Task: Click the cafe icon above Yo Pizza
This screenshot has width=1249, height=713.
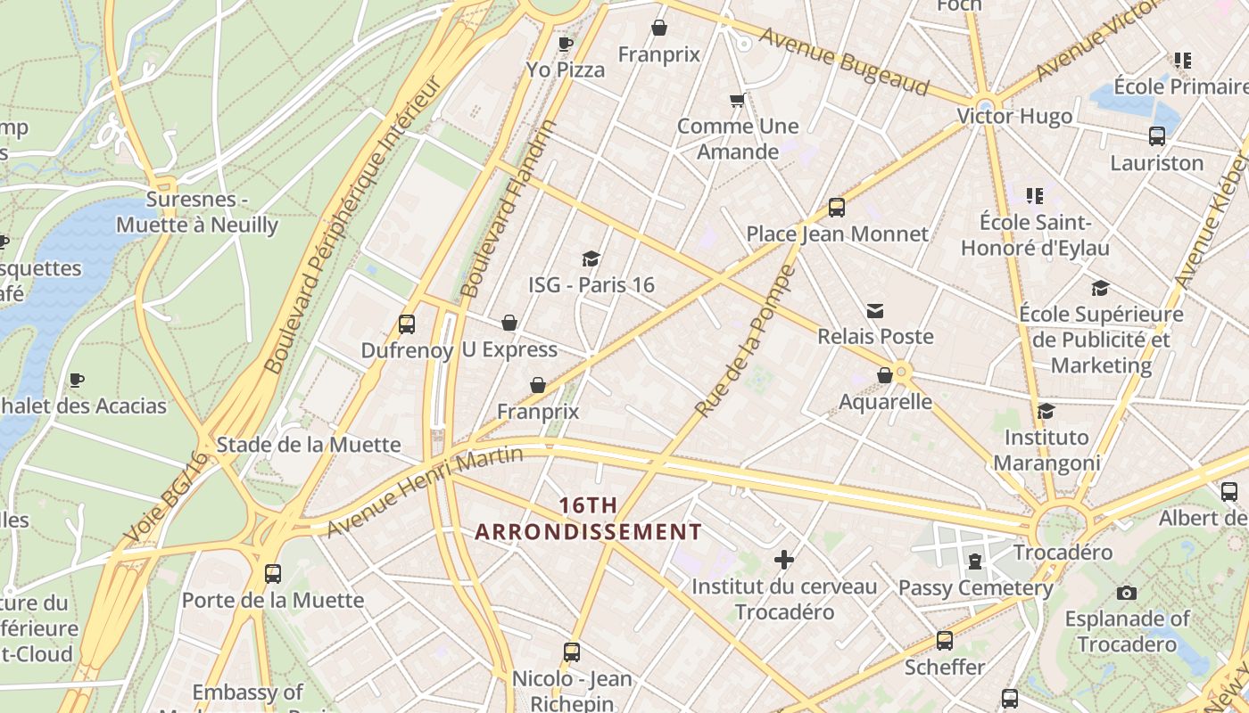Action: click(565, 44)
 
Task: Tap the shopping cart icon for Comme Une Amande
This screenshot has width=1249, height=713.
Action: click(737, 100)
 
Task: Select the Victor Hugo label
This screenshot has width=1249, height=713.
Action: click(1014, 117)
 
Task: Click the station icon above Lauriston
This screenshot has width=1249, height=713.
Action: click(1157, 136)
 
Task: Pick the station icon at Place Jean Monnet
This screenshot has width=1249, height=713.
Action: click(837, 208)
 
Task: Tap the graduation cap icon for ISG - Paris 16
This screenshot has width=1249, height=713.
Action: click(591, 258)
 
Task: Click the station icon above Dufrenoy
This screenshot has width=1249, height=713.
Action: click(407, 324)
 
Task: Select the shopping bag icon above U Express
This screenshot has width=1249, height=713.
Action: click(509, 323)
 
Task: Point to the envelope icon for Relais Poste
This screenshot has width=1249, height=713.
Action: click(875, 310)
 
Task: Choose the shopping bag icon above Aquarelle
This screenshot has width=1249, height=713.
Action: click(885, 375)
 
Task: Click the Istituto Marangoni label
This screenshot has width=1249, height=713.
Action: click(1046, 450)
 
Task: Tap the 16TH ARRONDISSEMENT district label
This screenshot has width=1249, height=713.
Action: click(588, 519)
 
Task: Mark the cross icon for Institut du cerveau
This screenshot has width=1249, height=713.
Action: click(784, 560)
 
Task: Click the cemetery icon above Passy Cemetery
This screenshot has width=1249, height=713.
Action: click(975, 561)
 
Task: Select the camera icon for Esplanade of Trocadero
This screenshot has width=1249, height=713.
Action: click(1127, 593)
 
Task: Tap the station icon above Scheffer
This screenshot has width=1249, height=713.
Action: click(945, 640)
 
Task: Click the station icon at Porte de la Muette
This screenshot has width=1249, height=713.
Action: click(273, 574)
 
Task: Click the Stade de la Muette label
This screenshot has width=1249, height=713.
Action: click(309, 445)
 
